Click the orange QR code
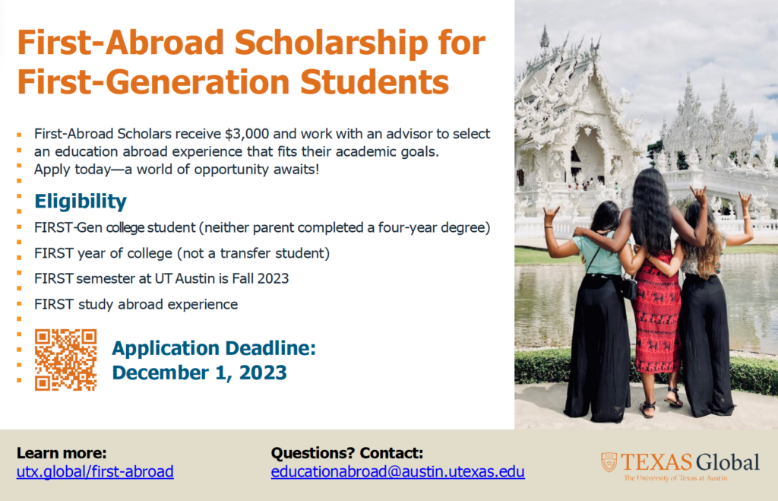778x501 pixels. point(65,360)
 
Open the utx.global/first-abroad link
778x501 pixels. point(95,471)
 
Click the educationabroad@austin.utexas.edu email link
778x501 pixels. point(397,471)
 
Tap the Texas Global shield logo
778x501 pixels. point(609,462)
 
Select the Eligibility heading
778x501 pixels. point(81,201)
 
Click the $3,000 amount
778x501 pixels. point(248,134)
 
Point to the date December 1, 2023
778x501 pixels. point(199,373)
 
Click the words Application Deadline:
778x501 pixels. point(213,349)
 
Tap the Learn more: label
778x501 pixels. point(62,453)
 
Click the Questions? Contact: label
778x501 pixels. point(346,453)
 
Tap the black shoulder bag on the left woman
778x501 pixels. point(628,287)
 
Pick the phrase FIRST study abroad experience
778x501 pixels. point(136,304)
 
